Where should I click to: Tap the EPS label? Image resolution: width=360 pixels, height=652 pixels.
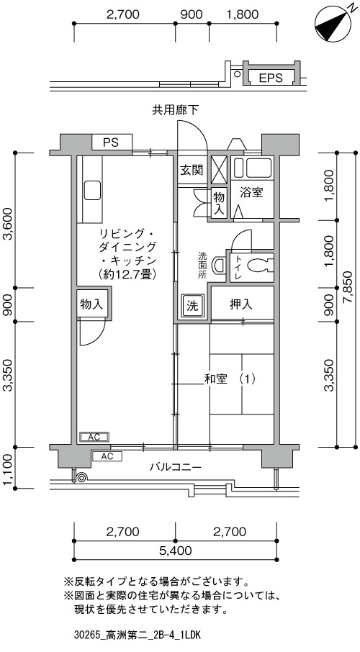(271, 77)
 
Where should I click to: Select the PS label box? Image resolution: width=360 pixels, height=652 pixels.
(112, 142)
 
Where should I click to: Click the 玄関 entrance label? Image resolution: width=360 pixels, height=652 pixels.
(192, 170)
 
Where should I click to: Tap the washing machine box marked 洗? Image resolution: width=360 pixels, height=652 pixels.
(192, 306)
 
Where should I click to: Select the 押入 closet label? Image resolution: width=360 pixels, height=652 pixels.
(241, 304)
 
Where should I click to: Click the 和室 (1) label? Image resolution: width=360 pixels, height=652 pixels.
(229, 379)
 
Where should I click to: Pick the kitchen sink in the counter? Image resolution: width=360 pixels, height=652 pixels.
(92, 191)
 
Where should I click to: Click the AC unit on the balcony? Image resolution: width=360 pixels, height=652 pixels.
(107, 456)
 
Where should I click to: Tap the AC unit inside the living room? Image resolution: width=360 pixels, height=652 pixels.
(94, 437)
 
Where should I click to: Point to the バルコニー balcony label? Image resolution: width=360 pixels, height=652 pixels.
(176, 467)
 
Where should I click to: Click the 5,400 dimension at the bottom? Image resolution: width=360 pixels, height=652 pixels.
(176, 551)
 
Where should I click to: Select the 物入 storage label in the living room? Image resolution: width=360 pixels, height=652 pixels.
(91, 304)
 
